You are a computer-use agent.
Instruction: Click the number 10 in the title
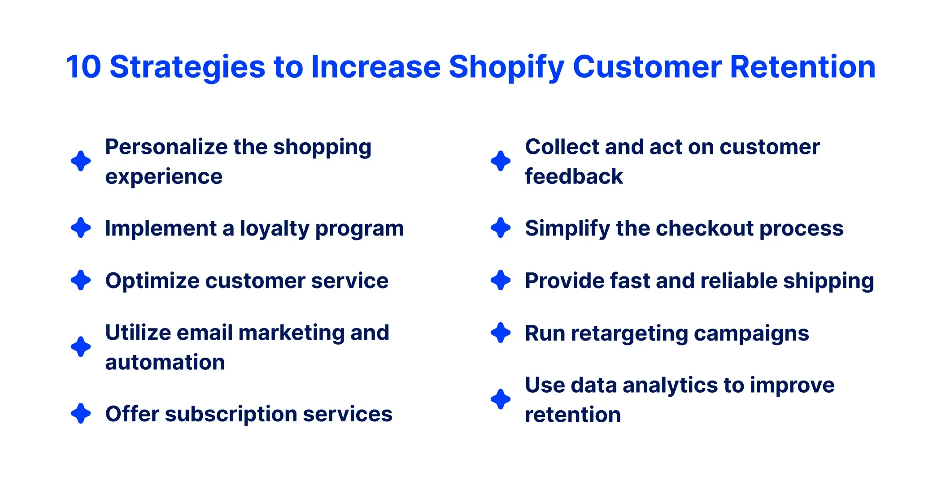[x=83, y=67]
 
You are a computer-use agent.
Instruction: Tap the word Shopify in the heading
[x=506, y=67]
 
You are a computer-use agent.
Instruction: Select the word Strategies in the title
[x=188, y=67]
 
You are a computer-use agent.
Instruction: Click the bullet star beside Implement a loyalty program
[x=81, y=228]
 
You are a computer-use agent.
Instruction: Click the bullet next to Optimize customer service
[x=81, y=280]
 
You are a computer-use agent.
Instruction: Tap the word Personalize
[x=166, y=147]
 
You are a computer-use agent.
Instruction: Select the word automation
[x=165, y=362]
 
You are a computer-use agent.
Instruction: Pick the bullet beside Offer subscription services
[x=81, y=414]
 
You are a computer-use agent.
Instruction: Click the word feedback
[x=574, y=176]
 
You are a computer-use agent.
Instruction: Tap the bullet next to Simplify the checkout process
[x=501, y=228]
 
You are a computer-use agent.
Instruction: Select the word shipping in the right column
[x=828, y=281]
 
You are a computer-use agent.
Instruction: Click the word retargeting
[x=628, y=333]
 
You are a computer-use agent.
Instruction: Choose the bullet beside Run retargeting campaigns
[x=501, y=333]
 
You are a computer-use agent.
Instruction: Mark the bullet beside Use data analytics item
[x=501, y=399]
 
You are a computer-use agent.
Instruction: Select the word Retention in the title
[x=802, y=67]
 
